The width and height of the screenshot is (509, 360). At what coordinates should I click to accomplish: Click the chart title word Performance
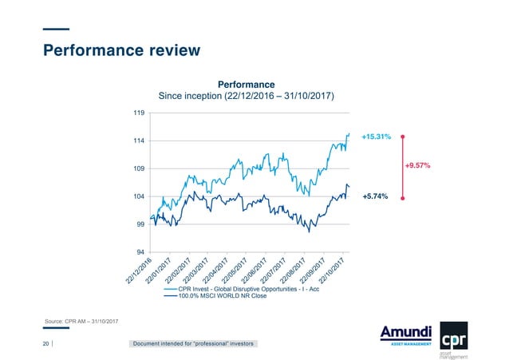[247, 84]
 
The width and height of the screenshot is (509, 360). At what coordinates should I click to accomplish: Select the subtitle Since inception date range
[247, 97]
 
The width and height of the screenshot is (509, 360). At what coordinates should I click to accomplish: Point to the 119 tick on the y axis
[139, 113]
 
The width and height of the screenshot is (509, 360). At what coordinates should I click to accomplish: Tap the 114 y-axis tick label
[139, 141]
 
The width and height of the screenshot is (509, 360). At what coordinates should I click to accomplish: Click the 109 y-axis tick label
[139, 169]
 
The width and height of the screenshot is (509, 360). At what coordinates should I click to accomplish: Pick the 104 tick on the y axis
[139, 196]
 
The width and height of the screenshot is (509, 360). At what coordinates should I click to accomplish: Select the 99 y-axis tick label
[140, 224]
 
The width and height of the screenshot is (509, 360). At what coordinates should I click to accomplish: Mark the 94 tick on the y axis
[140, 252]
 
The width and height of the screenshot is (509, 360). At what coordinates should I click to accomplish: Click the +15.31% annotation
[376, 137]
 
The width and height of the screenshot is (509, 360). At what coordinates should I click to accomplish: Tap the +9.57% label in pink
[418, 166]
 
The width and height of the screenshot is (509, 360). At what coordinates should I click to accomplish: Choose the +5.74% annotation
[375, 196]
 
